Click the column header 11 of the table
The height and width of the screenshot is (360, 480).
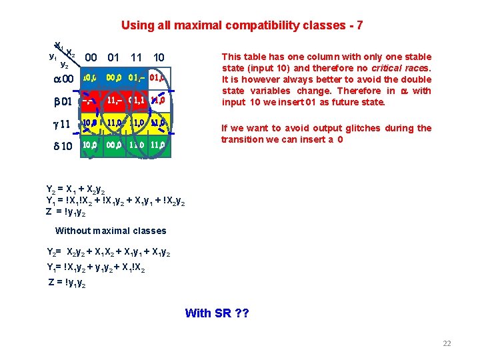137,58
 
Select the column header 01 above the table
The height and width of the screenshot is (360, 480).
113,58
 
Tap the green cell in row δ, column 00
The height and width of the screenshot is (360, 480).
91,145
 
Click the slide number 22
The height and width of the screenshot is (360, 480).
447,343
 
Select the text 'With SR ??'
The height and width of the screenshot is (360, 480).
217,313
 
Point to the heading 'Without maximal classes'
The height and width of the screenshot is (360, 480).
111,231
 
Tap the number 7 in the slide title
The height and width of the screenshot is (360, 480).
360,26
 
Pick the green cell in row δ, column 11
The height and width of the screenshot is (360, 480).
137,145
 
